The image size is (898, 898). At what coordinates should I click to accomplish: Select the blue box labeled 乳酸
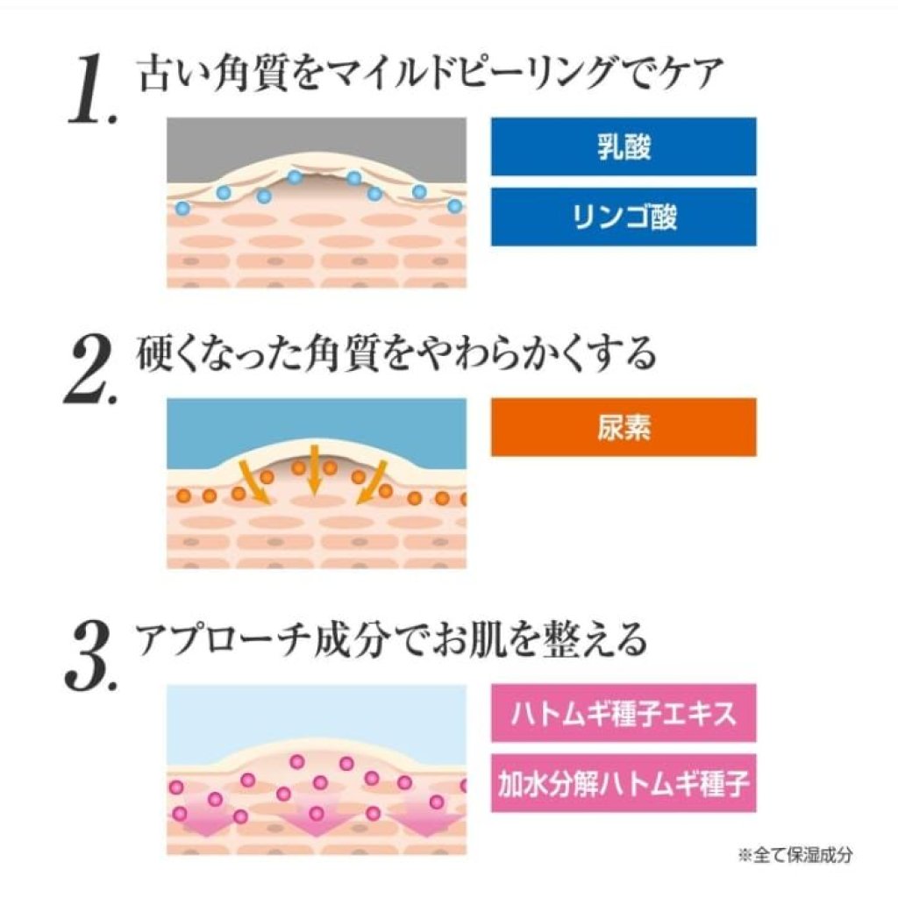tap(624, 146)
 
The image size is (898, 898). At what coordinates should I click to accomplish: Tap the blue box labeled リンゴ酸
tap(624, 216)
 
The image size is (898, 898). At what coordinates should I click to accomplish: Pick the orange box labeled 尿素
tap(624, 427)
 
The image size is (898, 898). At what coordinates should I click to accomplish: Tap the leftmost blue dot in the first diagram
tap(182, 208)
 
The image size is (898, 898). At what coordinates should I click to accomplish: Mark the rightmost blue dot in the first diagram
tap(454, 206)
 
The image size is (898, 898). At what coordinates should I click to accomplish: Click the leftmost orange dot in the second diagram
tap(182, 496)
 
